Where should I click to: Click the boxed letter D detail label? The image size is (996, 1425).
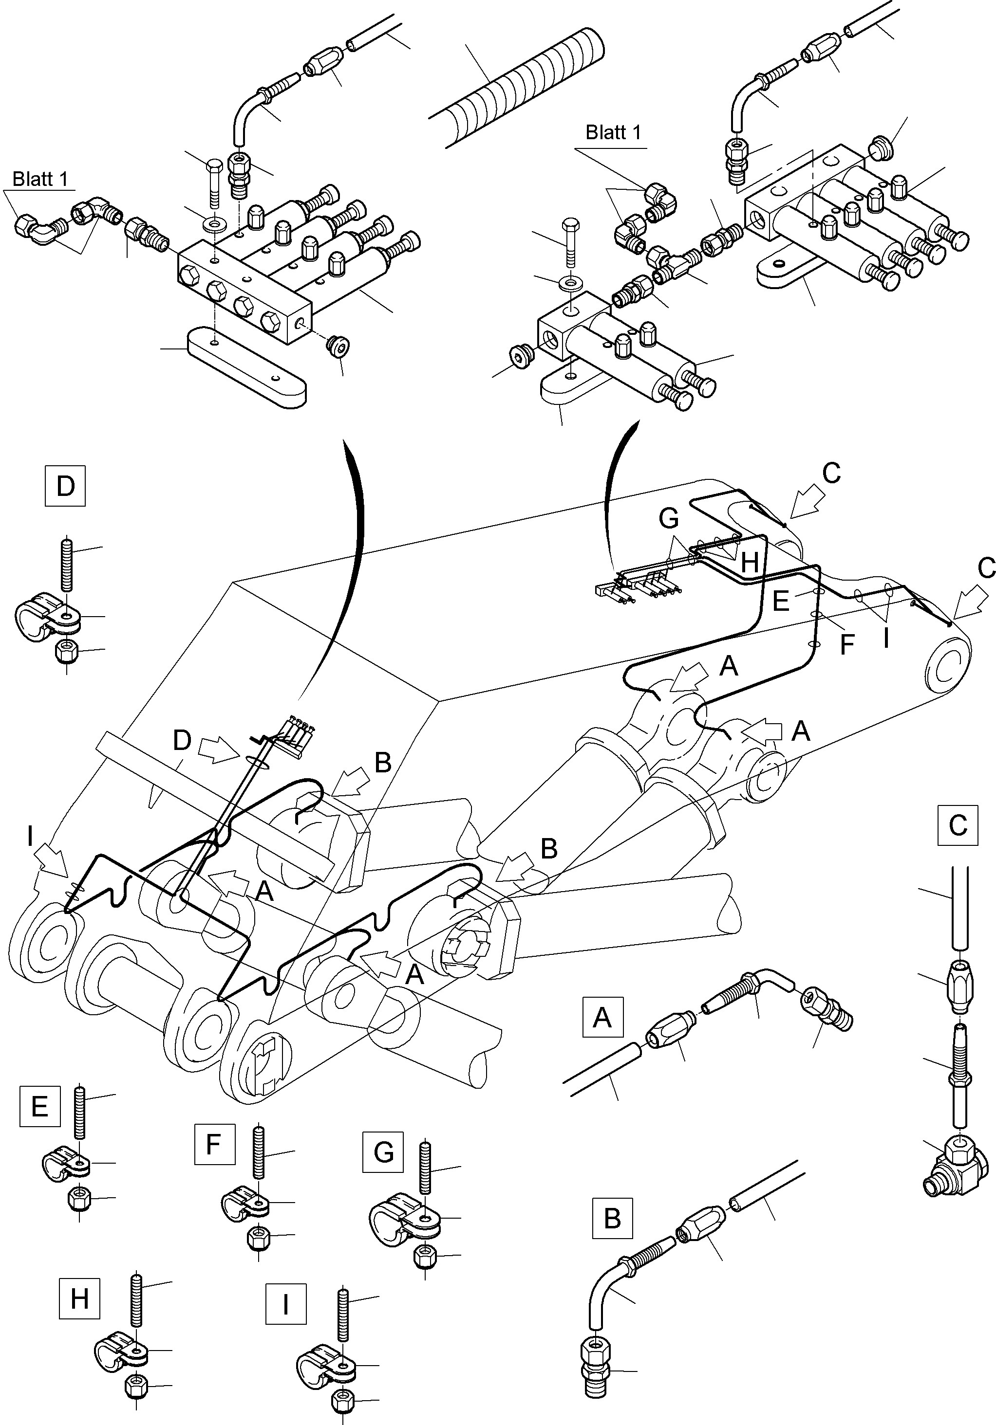click(x=65, y=486)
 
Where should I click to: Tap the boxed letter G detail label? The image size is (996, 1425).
click(x=383, y=1152)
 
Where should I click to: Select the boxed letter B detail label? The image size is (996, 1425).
click(x=612, y=1218)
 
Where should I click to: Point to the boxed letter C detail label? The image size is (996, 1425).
click(x=958, y=825)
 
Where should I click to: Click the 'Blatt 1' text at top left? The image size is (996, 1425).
click(x=40, y=180)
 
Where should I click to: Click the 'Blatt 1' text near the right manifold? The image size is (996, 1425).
click(x=612, y=132)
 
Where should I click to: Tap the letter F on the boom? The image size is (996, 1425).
click(x=847, y=645)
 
